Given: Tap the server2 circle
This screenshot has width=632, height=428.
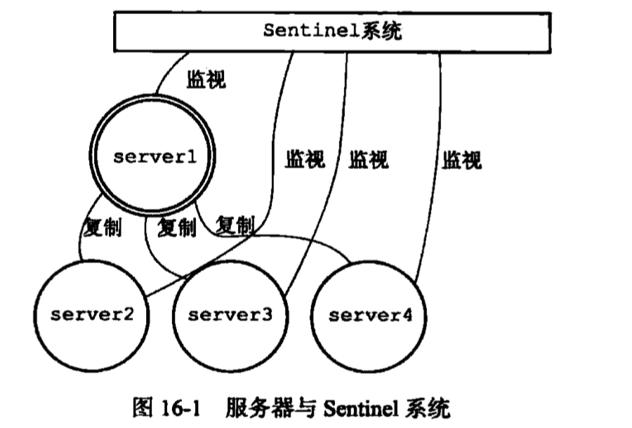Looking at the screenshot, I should [91, 314].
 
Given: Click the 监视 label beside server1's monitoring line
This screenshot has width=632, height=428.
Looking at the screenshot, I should [206, 79].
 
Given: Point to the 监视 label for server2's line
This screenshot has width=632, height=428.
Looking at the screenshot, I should [304, 160].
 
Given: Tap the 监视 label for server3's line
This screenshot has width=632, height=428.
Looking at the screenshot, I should [368, 160].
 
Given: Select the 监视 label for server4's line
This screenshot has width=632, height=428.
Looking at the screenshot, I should [461, 160].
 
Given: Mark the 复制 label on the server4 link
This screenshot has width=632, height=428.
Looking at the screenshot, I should [235, 226].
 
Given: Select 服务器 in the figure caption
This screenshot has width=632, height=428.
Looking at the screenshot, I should [254, 408].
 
